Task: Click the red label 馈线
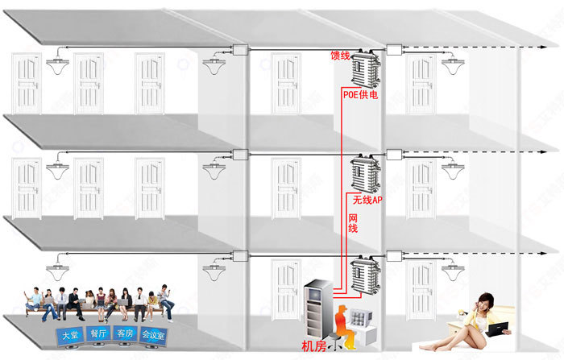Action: [340, 56]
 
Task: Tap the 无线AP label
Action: [367, 198]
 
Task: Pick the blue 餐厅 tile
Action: [97, 334]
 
